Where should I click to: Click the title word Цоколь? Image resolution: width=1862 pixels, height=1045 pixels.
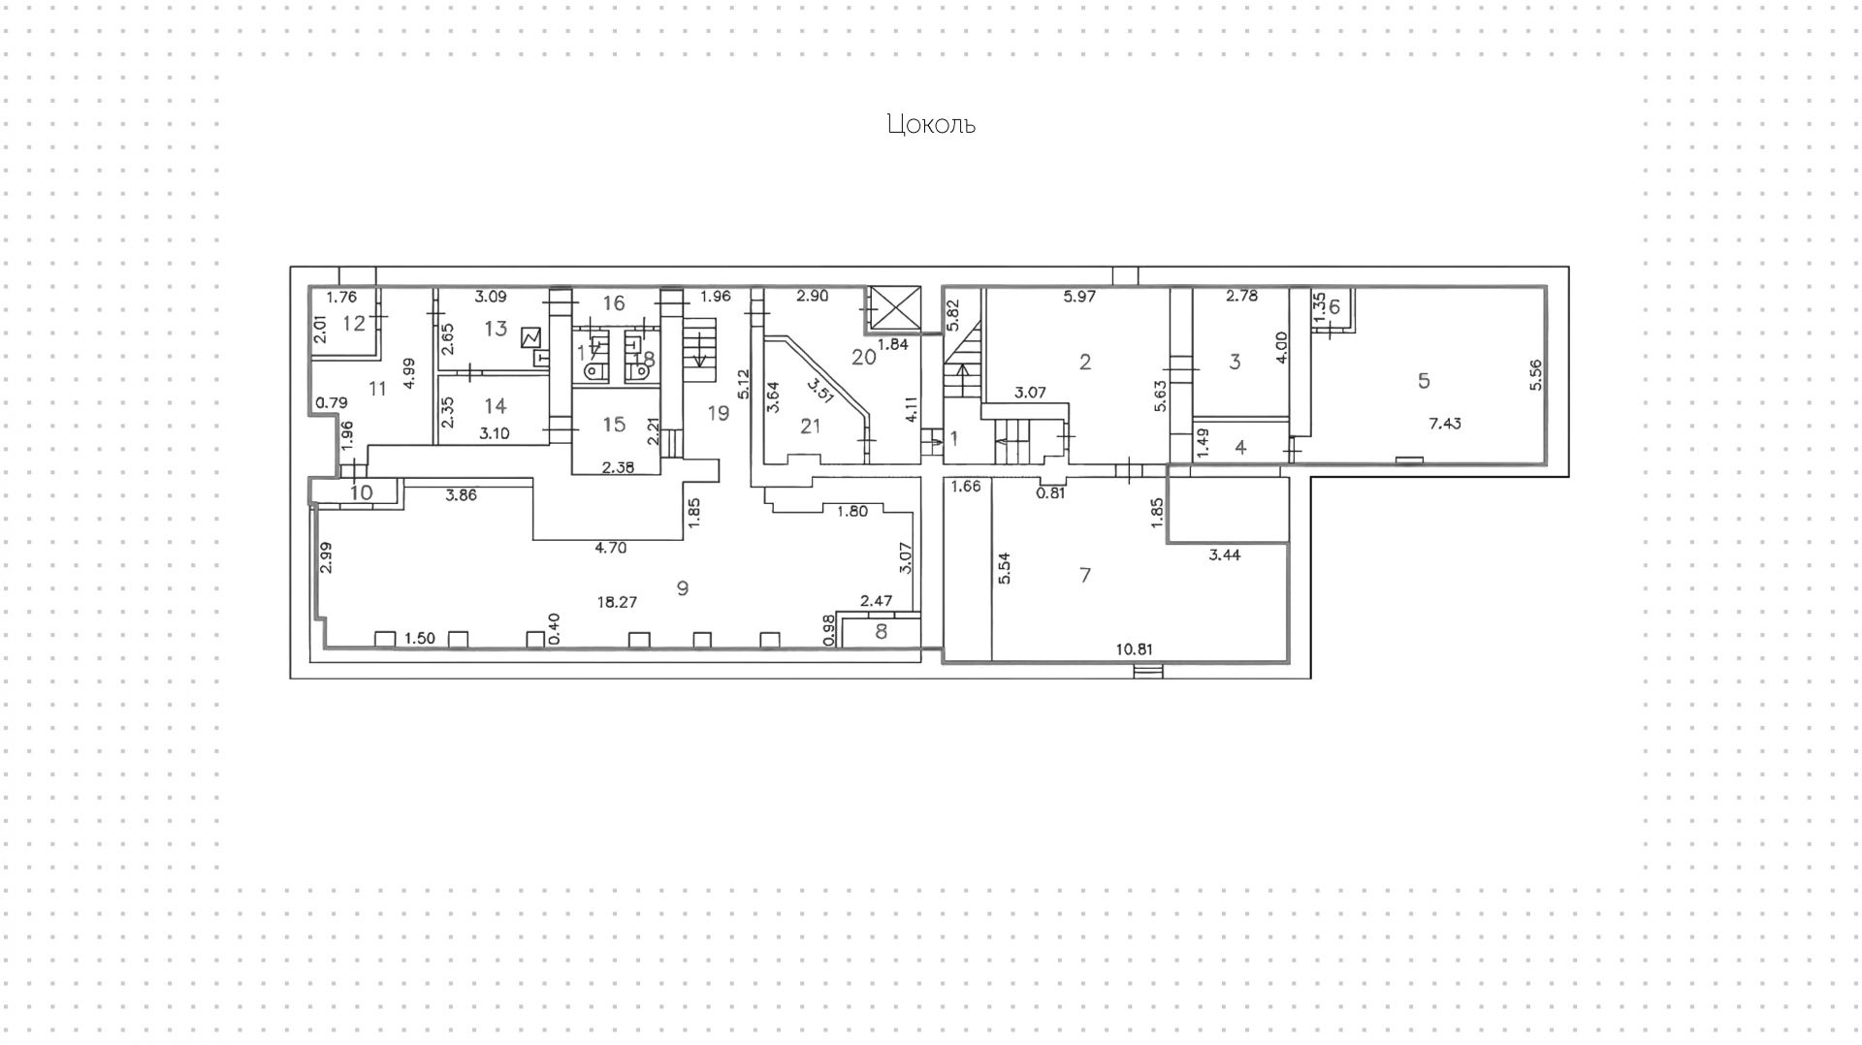pyautogui.click(x=930, y=124)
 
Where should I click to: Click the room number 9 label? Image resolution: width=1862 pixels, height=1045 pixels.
pyautogui.click(x=683, y=587)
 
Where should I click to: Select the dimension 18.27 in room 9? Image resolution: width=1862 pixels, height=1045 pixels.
pyautogui.click(x=617, y=602)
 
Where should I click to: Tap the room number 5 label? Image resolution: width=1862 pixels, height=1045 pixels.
pyautogui.click(x=1424, y=380)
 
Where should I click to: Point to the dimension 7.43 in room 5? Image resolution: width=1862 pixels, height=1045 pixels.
pyautogui.click(x=1445, y=424)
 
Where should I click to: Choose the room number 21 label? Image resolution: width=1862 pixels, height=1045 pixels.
pyautogui.click(x=810, y=426)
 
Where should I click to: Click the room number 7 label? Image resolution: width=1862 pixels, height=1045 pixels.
pyautogui.click(x=1085, y=575)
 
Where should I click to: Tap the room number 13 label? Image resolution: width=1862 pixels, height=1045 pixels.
pyautogui.click(x=496, y=328)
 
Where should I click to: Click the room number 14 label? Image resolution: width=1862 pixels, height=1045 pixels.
pyautogui.click(x=495, y=405)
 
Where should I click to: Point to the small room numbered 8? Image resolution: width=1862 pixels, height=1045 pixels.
pyautogui.click(x=881, y=632)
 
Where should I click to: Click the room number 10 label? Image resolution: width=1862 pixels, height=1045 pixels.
pyautogui.click(x=361, y=492)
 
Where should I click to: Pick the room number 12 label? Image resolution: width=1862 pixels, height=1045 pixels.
pyautogui.click(x=354, y=323)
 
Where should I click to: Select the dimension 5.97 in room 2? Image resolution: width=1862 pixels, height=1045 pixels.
pyautogui.click(x=1079, y=297)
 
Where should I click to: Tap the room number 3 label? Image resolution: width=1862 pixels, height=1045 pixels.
pyautogui.click(x=1235, y=362)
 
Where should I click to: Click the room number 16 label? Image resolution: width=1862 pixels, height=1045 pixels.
pyautogui.click(x=614, y=303)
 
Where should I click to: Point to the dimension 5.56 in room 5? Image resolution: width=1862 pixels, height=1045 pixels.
pyautogui.click(x=1534, y=375)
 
